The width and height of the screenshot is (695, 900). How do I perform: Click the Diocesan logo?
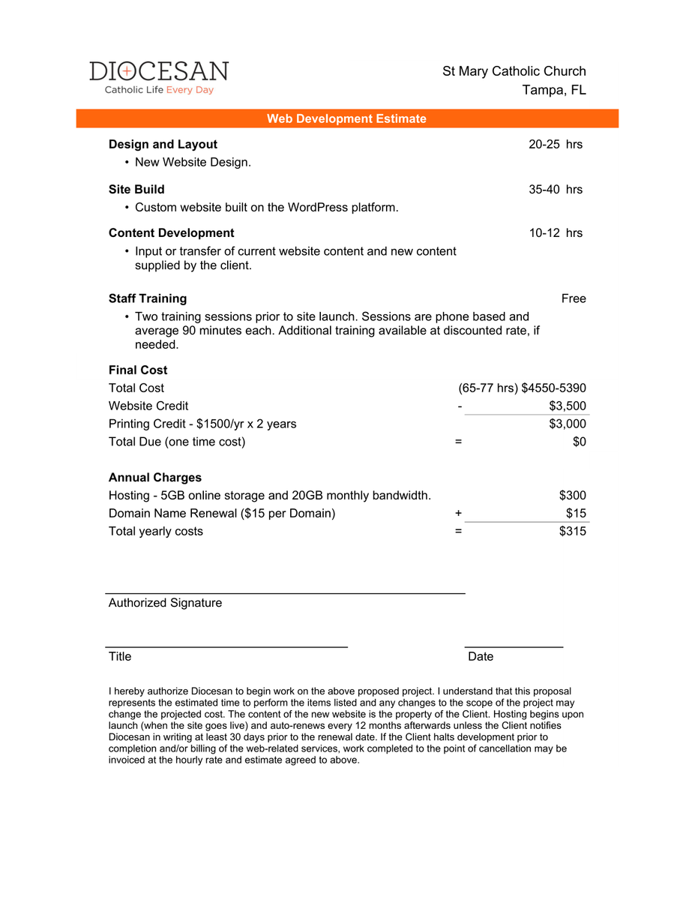tap(159, 77)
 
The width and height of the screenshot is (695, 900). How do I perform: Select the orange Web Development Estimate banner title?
tap(346, 118)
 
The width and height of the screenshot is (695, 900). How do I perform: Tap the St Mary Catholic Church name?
tap(514, 71)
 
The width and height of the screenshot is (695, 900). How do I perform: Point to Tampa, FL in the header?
tap(554, 90)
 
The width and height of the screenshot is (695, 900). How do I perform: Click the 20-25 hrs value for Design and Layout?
tap(555, 145)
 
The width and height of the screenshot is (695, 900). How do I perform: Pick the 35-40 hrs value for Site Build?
tap(555, 190)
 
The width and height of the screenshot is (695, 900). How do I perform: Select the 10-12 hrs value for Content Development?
tap(555, 233)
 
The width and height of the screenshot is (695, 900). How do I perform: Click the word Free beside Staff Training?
tap(574, 298)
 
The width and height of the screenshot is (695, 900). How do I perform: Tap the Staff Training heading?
tap(148, 298)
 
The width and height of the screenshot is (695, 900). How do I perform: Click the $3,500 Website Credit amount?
tap(568, 406)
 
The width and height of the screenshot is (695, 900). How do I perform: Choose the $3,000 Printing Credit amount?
tap(568, 424)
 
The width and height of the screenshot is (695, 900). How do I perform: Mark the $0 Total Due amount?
tap(579, 442)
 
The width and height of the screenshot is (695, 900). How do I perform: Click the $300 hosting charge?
tap(573, 496)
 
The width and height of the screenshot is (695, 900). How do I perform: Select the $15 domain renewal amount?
tap(576, 514)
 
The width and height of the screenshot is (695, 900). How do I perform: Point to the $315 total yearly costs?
tap(573, 532)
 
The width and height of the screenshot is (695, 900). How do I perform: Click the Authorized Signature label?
tap(165, 603)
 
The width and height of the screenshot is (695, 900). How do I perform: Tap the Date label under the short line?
tap(481, 657)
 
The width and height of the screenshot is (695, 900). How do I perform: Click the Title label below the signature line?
tap(120, 657)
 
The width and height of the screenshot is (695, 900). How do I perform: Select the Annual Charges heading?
tap(155, 478)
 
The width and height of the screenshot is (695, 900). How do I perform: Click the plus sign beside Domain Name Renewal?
tap(458, 514)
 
